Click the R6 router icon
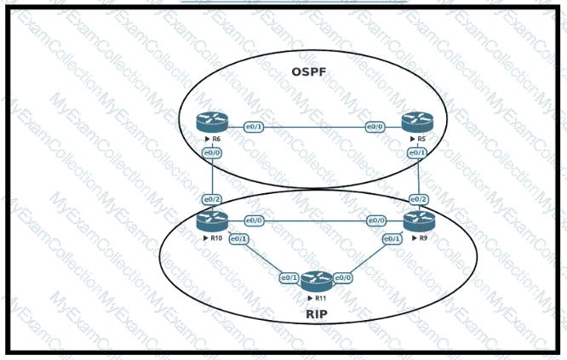coord(208,123)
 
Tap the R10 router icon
coord(209,221)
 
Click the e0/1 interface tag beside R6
coord(252,127)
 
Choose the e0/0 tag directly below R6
coord(211,152)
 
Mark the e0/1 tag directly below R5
coord(417,152)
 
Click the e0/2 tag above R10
coord(211,198)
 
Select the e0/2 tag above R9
coord(417,198)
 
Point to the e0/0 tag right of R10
coord(253,221)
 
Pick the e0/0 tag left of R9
coord(375,221)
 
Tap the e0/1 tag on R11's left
coord(289,277)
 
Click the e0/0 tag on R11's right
coord(343,277)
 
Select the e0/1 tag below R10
coord(239,239)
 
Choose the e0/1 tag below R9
coord(392,239)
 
